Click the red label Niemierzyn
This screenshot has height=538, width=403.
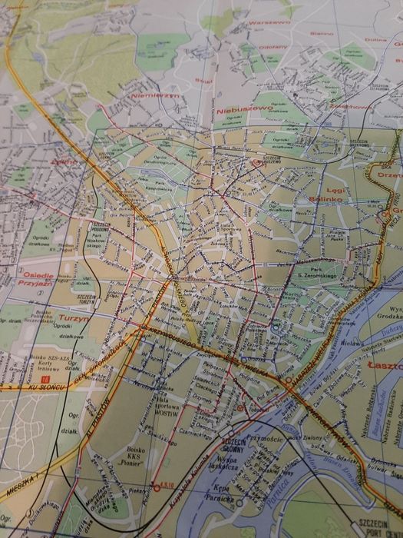click(x=155, y=96)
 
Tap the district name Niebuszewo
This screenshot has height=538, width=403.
click(x=244, y=111)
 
